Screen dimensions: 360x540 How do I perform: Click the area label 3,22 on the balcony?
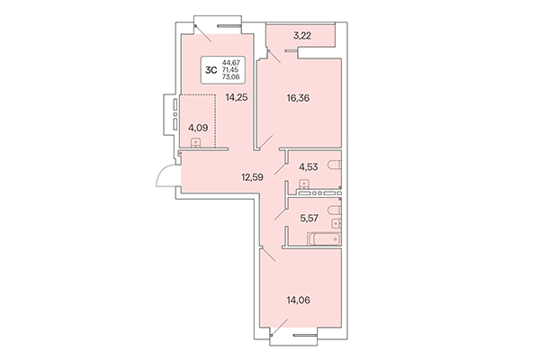click(301, 37)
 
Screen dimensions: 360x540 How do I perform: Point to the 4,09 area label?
click(198, 128)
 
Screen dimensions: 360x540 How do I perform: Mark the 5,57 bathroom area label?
click(310, 217)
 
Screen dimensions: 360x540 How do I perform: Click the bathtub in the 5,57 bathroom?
click(323, 239)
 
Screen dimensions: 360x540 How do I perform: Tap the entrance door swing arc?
click(165, 176)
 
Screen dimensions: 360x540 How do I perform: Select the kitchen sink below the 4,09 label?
click(197, 152)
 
